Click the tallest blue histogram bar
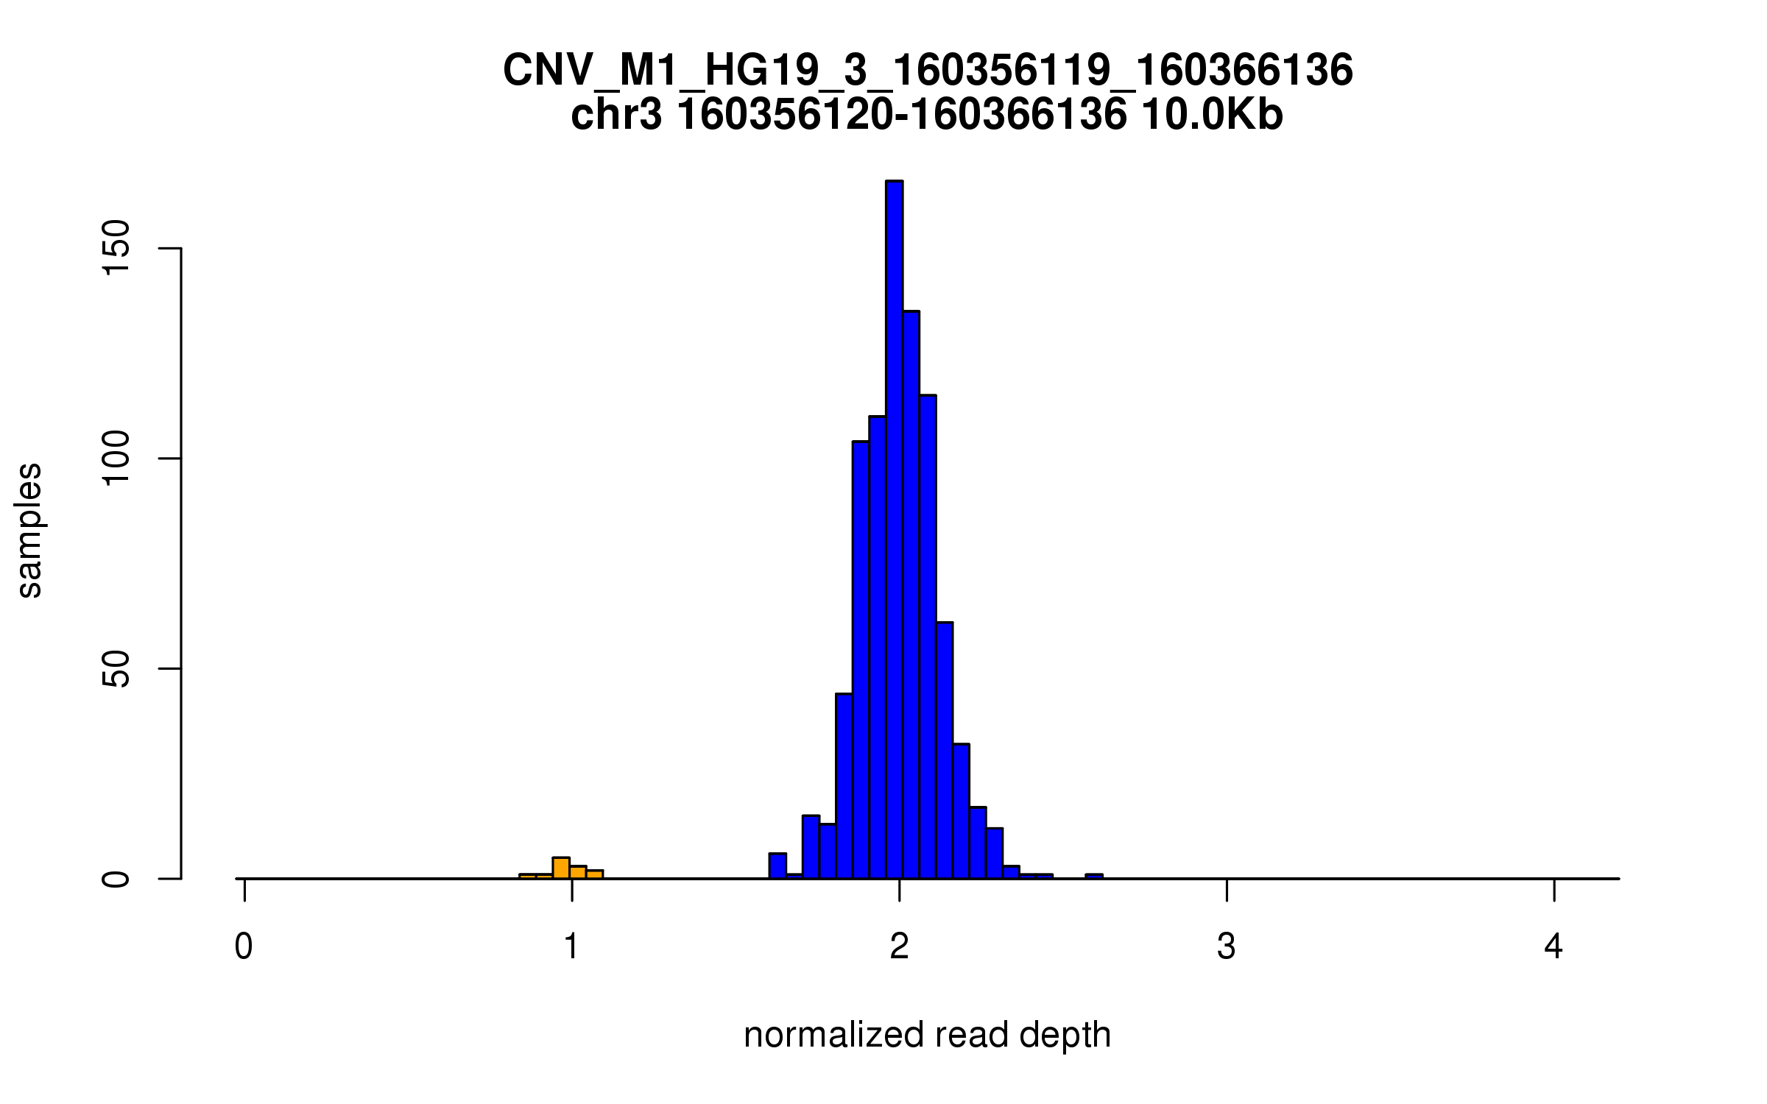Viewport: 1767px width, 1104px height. [894, 530]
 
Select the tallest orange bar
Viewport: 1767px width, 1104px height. [561, 868]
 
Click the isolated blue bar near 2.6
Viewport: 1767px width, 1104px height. [1094, 877]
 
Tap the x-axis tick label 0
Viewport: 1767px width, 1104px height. [244, 946]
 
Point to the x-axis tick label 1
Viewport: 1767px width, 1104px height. [571, 946]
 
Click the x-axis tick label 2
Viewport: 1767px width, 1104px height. [899, 946]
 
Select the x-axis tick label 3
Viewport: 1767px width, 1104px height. [1227, 946]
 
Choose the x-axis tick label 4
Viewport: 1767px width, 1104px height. [1553, 946]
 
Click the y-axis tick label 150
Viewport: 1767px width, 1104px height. [116, 248]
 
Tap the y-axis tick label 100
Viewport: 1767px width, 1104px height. [116, 458]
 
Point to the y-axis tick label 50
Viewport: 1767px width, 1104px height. [116, 668]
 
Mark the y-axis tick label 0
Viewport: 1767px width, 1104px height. [116, 878]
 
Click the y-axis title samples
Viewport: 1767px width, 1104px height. [29, 530]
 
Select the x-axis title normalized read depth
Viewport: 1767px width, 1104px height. [927, 1035]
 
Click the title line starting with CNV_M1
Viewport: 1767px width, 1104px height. [927, 71]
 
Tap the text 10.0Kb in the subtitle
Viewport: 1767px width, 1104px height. [1212, 115]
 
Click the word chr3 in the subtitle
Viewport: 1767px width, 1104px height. [616, 115]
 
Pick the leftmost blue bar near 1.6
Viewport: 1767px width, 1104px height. [777, 866]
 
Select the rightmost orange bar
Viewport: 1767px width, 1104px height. [595, 874]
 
